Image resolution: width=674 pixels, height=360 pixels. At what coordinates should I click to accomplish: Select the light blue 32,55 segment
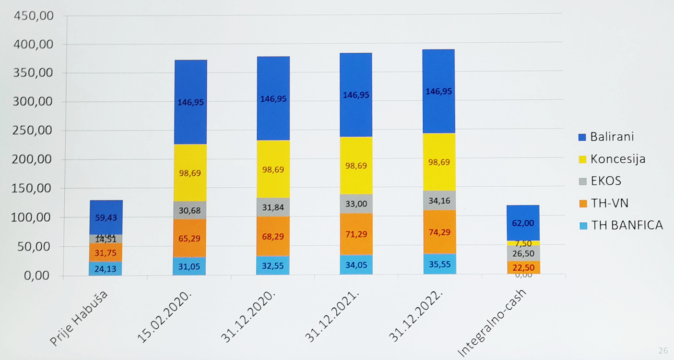273,265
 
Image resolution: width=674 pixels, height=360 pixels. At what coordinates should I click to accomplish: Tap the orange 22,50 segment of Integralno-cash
522,267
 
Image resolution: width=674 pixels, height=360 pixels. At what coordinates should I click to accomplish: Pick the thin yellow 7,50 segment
522,243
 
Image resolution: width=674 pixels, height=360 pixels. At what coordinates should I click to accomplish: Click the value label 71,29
356,235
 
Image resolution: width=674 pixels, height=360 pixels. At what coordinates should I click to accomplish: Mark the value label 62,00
522,223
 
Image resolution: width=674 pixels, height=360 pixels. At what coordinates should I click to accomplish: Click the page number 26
663,351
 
